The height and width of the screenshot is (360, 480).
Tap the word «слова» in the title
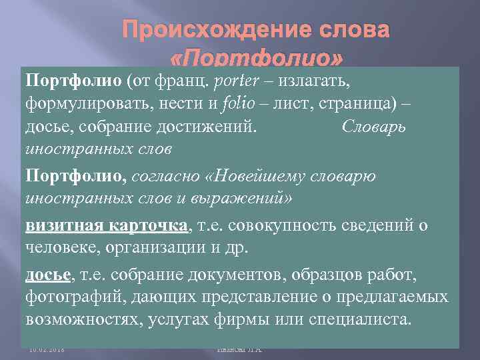point(351,31)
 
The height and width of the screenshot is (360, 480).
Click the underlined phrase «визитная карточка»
point(107,227)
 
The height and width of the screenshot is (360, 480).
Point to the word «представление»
point(253,297)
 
